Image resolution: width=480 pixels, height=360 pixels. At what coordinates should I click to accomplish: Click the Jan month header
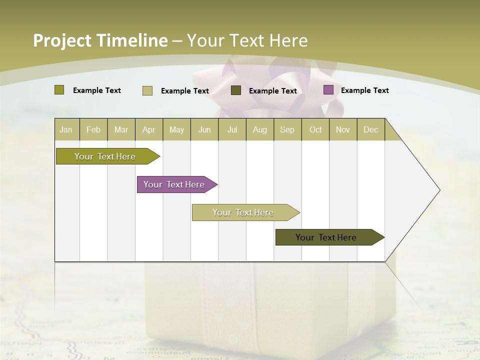pyautogui.click(x=66, y=130)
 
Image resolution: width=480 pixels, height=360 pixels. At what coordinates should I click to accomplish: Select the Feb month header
pyautogui.click(x=93, y=130)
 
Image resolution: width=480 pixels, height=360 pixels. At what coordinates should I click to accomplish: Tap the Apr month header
pyautogui.click(x=148, y=130)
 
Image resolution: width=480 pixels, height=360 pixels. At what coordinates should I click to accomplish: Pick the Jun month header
pyautogui.click(x=204, y=130)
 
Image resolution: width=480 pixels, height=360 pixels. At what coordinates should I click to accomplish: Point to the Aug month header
pyautogui.click(x=259, y=130)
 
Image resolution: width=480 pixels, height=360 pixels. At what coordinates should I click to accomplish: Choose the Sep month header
pyautogui.click(x=287, y=130)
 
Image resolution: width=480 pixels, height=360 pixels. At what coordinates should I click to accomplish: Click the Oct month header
pyautogui.click(x=315, y=130)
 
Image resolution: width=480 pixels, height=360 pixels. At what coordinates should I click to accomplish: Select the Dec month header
pyautogui.click(x=370, y=130)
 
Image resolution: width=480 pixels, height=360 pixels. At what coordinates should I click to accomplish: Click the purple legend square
pyautogui.click(x=328, y=90)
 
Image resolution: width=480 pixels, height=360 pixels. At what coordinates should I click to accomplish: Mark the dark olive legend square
pyautogui.click(x=236, y=90)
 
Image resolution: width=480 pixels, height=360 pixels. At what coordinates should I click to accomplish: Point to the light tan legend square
pyautogui.click(x=147, y=90)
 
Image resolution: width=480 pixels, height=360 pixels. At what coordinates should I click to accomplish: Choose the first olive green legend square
pyautogui.click(x=59, y=90)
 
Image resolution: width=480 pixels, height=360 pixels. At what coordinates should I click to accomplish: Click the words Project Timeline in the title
pyautogui.click(x=100, y=40)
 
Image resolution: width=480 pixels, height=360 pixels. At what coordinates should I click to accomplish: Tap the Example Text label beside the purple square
pyautogui.click(x=364, y=90)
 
